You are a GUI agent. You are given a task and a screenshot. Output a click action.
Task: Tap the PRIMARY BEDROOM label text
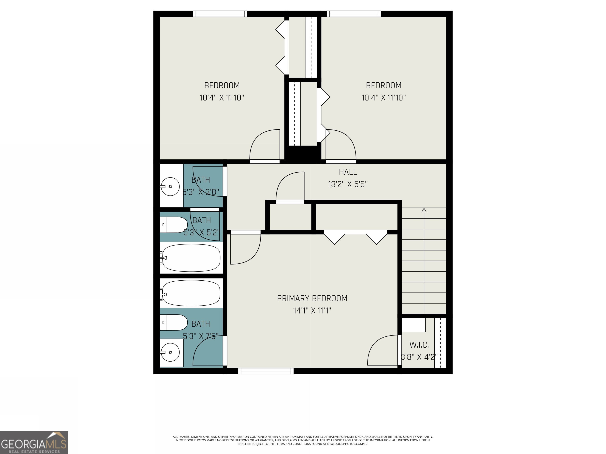(312, 298)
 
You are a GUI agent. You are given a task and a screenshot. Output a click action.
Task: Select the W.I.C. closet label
(419, 345)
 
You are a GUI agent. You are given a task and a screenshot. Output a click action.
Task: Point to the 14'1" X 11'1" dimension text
(312, 311)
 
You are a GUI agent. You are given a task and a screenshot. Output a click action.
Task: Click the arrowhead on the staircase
(424, 210)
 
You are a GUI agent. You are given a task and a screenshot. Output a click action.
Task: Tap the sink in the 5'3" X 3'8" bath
(170, 187)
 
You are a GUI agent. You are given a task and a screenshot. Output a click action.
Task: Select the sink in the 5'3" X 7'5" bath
(170, 352)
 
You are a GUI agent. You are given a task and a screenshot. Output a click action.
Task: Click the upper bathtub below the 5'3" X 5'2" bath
(191, 258)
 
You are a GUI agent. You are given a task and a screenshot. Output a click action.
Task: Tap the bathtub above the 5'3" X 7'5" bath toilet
(191, 293)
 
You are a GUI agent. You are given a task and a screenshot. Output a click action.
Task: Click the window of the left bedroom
(220, 14)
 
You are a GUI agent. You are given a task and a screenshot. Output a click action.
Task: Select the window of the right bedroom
(354, 14)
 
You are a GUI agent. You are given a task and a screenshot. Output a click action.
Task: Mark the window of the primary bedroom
(266, 371)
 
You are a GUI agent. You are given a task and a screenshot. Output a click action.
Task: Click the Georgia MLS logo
(34, 443)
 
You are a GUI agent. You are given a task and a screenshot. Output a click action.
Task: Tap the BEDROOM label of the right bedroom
(383, 85)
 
